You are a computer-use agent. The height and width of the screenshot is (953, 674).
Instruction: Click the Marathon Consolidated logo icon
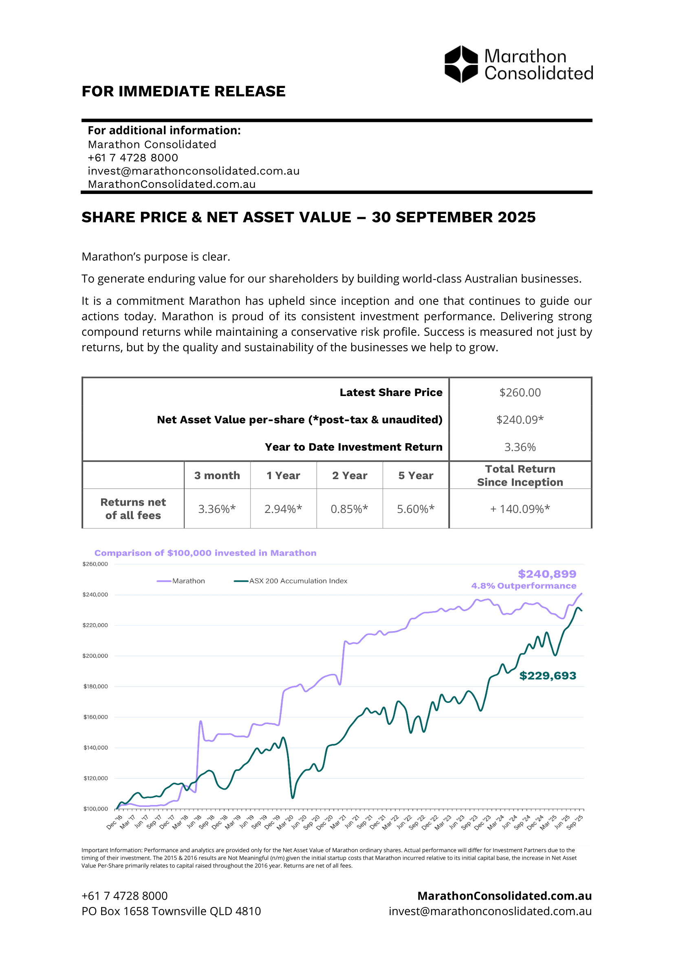[461, 64]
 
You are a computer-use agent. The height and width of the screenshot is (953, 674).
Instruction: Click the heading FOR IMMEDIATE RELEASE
[183, 91]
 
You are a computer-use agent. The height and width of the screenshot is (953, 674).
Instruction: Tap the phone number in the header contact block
[133, 158]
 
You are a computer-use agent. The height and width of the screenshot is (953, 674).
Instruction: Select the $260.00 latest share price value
[520, 393]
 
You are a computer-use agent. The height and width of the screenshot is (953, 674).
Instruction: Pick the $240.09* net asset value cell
[520, 420]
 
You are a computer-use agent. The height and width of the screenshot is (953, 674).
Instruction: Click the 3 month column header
[217, 475]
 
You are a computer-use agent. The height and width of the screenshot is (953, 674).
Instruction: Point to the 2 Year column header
[350, 475]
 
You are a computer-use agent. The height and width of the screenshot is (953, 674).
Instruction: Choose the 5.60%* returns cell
[415, 509]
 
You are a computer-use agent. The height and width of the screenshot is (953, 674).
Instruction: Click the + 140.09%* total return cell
[520, 509]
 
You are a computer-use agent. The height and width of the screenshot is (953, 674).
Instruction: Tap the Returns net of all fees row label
[133, 508]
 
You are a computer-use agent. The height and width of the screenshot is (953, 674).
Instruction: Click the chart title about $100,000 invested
[205, 553]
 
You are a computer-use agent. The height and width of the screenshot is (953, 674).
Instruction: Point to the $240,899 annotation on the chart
[546, 574]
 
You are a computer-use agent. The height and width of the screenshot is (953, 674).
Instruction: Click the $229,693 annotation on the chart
[547, 676]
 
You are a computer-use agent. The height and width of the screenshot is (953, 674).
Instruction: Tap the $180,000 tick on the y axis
[95, 687]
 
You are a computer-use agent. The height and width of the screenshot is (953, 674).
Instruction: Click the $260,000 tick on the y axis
[95, 564]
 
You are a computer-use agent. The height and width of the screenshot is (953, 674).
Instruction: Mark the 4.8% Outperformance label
[523, 585]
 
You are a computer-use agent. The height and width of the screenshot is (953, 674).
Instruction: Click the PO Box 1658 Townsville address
[171, 911]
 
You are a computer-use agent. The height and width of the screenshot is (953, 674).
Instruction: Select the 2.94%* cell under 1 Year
[283, 509]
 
